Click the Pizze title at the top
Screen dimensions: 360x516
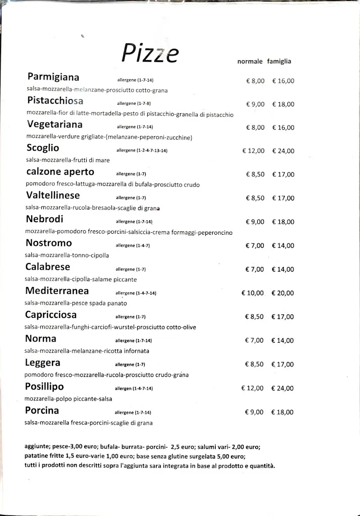150,54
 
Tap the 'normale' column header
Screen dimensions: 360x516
250,61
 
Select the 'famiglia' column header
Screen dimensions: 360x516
279,61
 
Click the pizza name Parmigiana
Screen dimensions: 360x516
53,77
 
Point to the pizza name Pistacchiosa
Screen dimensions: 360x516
55,100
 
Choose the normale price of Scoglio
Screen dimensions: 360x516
253,151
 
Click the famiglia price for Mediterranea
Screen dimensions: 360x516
282,293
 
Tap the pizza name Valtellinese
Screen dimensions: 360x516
53,195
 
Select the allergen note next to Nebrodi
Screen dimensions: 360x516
134,222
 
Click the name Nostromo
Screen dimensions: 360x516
48,243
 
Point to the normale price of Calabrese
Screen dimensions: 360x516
255,269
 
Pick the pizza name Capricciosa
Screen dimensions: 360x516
51,314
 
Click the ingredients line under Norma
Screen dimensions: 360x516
87,351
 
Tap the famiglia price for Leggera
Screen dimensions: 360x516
282,364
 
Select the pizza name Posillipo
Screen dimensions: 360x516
44,386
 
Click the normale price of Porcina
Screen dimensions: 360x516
254,412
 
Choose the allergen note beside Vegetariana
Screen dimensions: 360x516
135,127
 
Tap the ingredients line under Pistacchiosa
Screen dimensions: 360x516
130,114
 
